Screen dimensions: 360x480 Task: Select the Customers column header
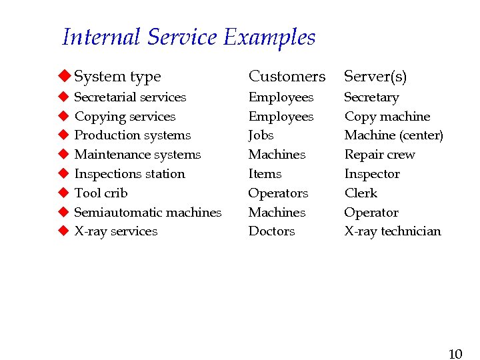pos(287,77)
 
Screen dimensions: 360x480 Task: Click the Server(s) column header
pos(375,77)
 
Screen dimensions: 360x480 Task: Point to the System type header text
pos(117,77)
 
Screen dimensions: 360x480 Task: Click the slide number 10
pos(455,354)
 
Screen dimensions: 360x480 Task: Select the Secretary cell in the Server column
pos(371,97)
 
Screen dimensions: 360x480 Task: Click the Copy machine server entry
pos(387,117)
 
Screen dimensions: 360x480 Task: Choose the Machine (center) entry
pos(393,135)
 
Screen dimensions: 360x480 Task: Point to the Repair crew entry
pos(379,155)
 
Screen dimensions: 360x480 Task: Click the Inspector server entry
pos(371,174)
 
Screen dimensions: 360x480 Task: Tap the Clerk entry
pos(360,193)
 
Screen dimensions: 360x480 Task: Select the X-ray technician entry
pos(392,231)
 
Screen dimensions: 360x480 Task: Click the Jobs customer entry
pos(261,135)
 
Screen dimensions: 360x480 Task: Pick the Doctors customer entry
pos(271,231)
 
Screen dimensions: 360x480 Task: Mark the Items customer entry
pos(265,174)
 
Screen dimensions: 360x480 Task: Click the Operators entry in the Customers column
pos(278,193)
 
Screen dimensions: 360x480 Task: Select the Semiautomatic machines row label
pos(147,213)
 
